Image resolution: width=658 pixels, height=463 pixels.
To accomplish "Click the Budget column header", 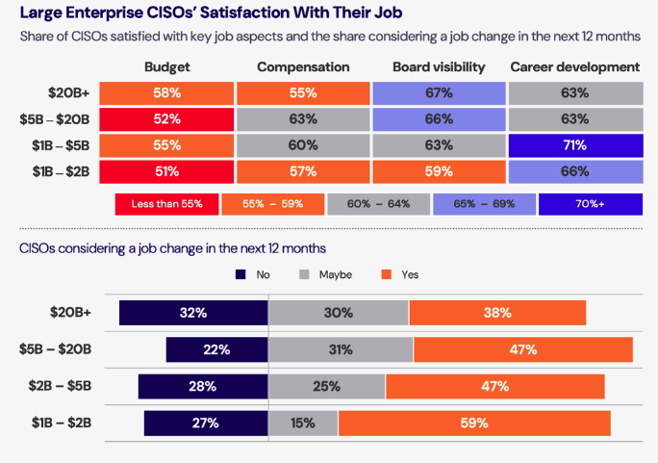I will [167, 67].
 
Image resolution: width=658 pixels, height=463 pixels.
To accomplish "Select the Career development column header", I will [575, 67].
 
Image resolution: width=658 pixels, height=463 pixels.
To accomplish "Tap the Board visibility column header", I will [439, 67].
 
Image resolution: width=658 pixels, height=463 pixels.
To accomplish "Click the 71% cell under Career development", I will [575, 145].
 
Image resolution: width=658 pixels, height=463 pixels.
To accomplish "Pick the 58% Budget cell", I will [168, 93].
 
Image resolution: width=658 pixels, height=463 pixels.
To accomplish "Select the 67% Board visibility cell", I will [439, 93].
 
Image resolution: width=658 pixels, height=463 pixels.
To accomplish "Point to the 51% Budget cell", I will [168, 171].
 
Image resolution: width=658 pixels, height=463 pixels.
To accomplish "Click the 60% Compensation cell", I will [303, 145].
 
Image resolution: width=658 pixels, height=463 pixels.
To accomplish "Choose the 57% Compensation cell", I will [303, 171].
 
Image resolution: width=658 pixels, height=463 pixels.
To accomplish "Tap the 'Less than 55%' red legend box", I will [166, 205].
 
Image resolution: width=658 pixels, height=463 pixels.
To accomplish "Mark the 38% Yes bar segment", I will [497, 313].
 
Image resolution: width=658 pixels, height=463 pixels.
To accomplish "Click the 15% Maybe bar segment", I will [303, 424].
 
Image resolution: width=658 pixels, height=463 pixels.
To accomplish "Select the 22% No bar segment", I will [216, 349].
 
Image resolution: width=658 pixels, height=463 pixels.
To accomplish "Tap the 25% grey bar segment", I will [326, 387].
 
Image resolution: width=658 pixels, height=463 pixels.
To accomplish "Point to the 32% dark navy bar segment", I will [193, 313].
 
